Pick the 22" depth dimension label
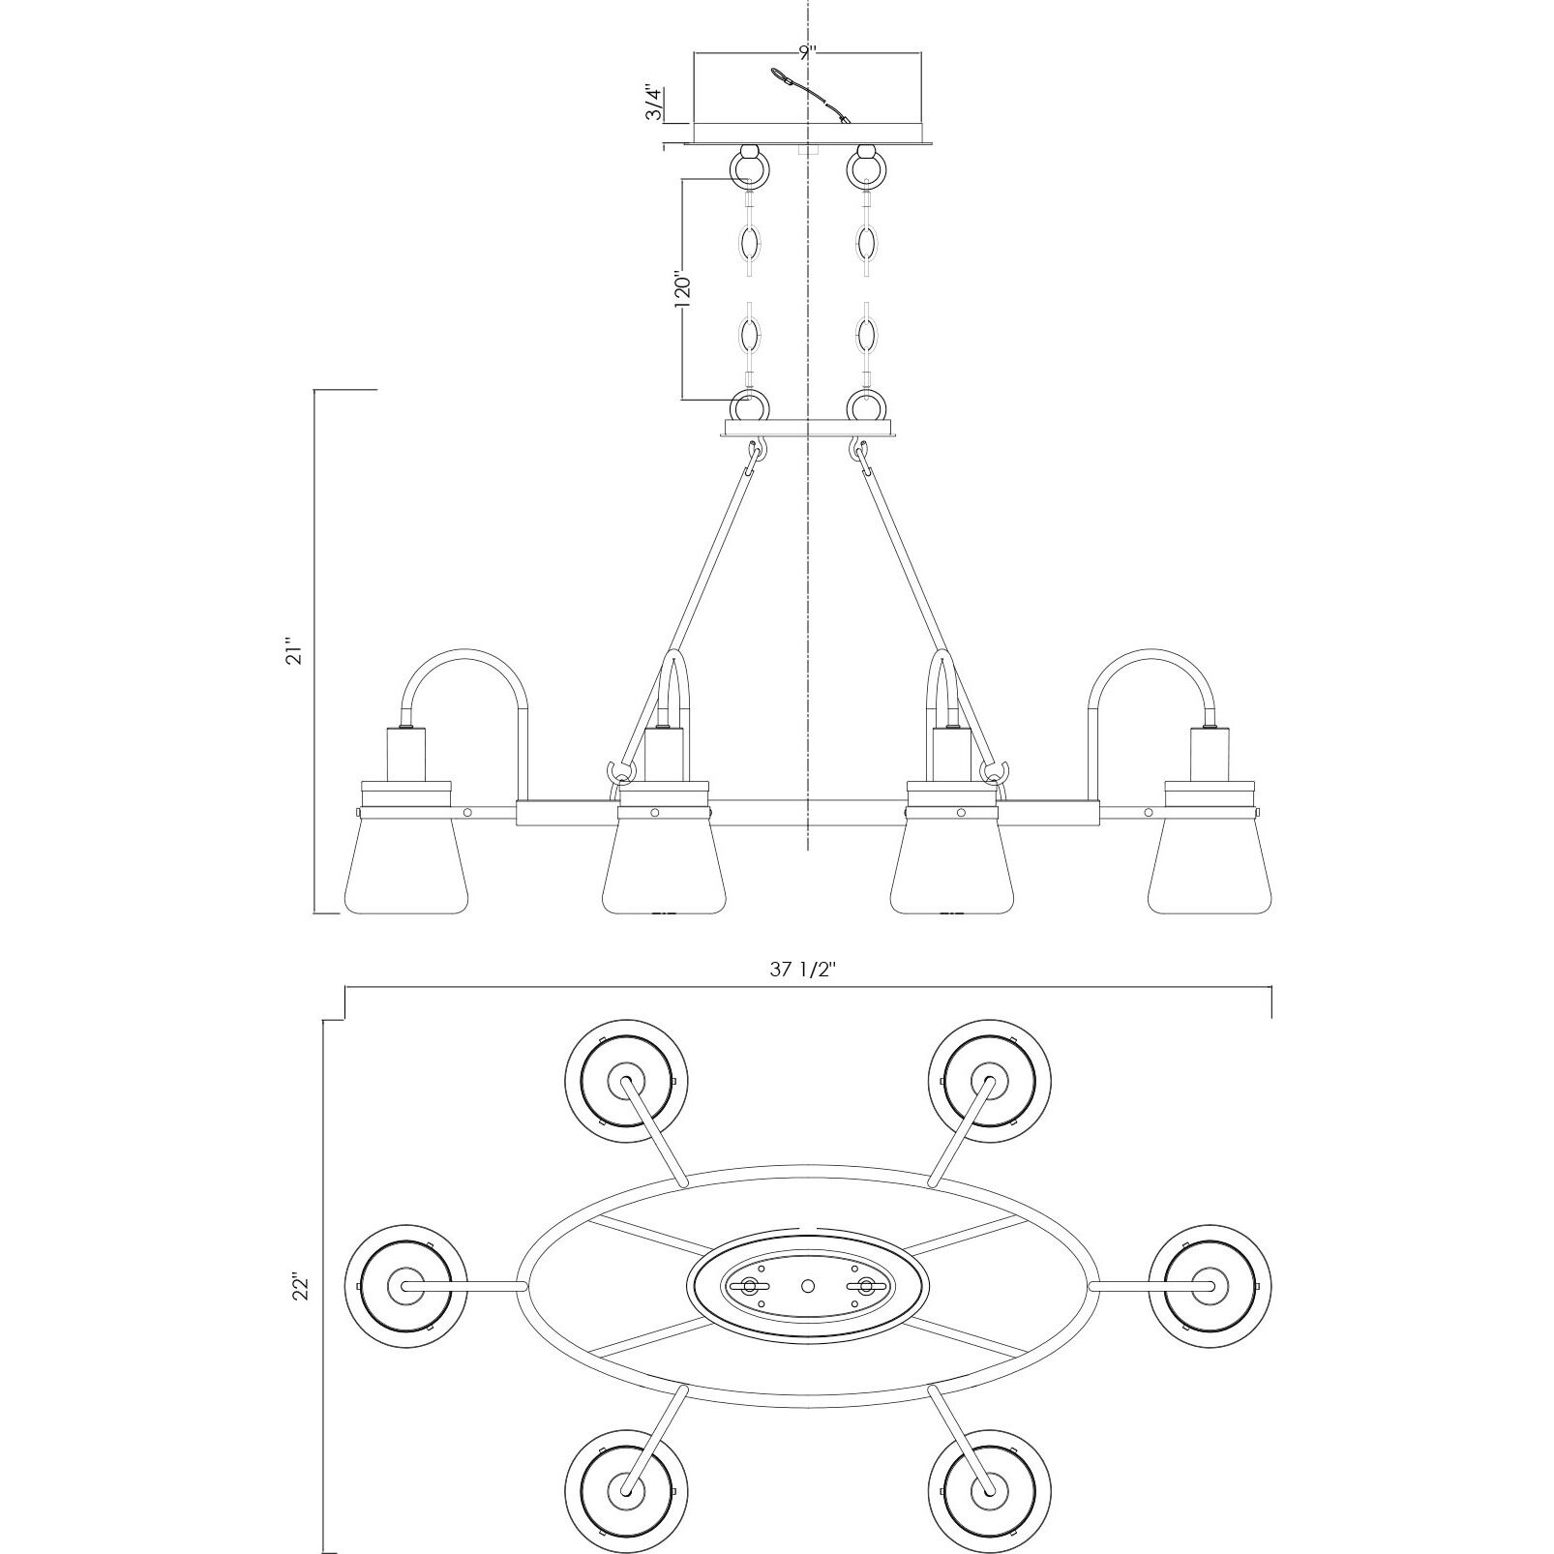click(x=303, y=1288)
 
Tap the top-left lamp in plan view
click(x=626, y=1080)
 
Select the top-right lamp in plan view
click(x=989, y=1080)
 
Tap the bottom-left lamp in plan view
click(x=626, y=1491)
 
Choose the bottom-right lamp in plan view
click(x=989, y=1491)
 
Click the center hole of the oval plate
click(x=808, y=1286)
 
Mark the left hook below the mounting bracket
click(x=756, y=452)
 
